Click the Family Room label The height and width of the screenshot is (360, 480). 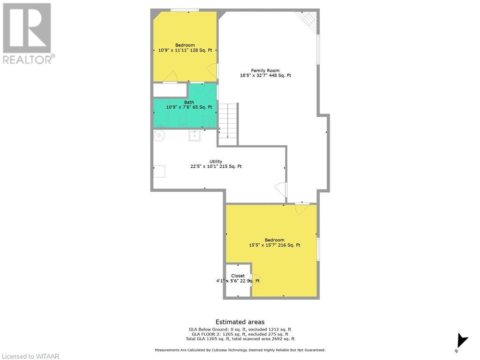coord(265,70)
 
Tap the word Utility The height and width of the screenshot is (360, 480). coord(216,161)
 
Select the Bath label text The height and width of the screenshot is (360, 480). coord(189,102)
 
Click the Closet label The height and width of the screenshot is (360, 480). coord(238,276)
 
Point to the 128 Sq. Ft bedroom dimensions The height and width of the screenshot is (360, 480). coord(185,50)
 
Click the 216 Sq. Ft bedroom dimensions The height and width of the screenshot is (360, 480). coord(275,245)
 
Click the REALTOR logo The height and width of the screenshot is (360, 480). coord(29,33)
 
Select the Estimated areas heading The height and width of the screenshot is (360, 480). coord(240,322)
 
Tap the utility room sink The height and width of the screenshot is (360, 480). coord(195,135)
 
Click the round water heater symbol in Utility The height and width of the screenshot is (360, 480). coord(159,135)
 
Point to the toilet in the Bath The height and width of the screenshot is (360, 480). coord(182,120)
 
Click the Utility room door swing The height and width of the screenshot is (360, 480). coord(280,189)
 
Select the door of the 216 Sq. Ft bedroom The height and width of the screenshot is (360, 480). coord(302,209)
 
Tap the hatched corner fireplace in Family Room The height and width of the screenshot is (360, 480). coord(307,22)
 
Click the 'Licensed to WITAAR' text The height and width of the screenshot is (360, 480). coord(30,356)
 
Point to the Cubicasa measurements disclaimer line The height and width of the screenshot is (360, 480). coord(240,350)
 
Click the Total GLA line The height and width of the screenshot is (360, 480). coord(240,339)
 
